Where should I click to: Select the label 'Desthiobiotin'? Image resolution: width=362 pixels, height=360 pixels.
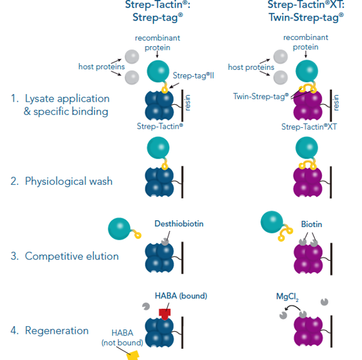[179, 223]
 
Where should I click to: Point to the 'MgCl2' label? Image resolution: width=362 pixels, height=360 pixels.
[288, 297]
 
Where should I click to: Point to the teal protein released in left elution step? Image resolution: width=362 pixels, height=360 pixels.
[119, 228]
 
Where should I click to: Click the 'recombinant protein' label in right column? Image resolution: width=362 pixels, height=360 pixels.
[305, 42]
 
